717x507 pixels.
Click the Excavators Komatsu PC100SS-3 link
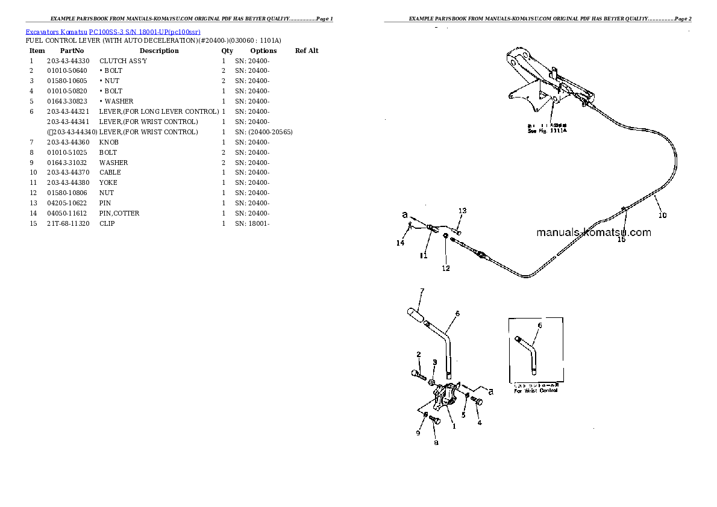[113, 31]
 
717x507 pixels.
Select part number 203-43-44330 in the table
[67, 61]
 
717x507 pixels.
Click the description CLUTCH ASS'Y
[123, 61]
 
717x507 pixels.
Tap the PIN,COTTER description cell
[119, 213]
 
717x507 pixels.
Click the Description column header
[159, 51]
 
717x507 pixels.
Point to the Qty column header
[227, 51]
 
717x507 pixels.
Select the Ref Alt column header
[307, 51]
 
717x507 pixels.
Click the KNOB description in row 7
[109, 142]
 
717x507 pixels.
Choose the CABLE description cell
[110, 173]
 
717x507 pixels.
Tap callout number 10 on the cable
[662, 215]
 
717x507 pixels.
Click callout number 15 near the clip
[621, 239]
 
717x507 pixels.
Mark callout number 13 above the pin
[462, 211]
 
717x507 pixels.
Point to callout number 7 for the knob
[422, 291]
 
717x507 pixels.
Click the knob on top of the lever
[415, 314]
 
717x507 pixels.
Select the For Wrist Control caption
[536, 390]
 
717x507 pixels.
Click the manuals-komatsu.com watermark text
[593, 232]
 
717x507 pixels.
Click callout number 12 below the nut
[445, 268]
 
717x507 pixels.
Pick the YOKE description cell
[108, 182]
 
